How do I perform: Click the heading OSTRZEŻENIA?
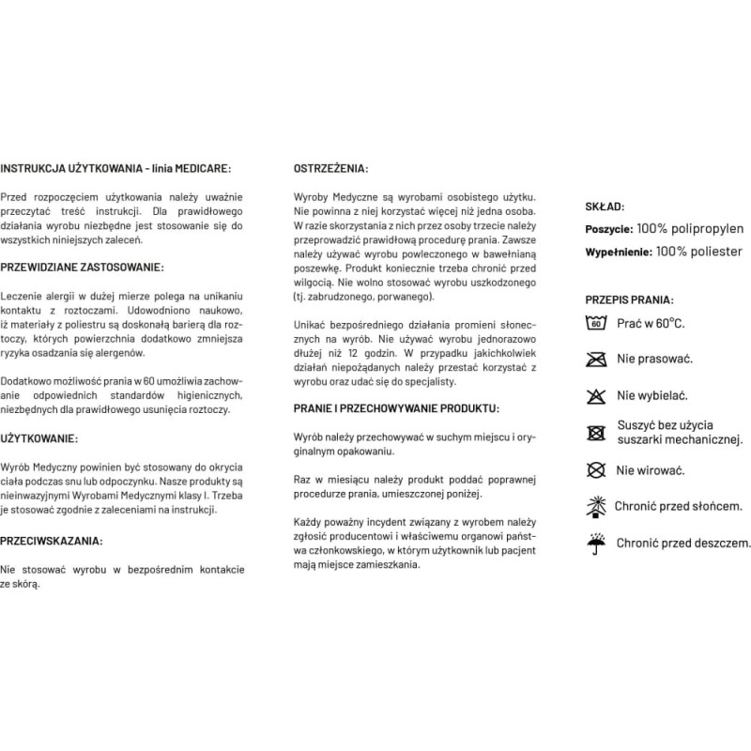331,170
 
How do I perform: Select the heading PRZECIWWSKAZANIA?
53,542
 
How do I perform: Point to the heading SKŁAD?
605,207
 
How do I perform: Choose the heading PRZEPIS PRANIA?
628,299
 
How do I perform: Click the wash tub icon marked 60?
594,325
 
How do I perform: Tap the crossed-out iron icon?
594,360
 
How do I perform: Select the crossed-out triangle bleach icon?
594,395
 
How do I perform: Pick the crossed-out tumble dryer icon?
594,433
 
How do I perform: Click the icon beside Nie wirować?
594,469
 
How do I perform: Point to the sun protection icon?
594,506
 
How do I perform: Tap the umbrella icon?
594,542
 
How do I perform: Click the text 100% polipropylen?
690,229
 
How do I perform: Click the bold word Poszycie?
608,230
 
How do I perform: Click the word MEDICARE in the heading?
200,170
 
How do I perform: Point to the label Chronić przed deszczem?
683,543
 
